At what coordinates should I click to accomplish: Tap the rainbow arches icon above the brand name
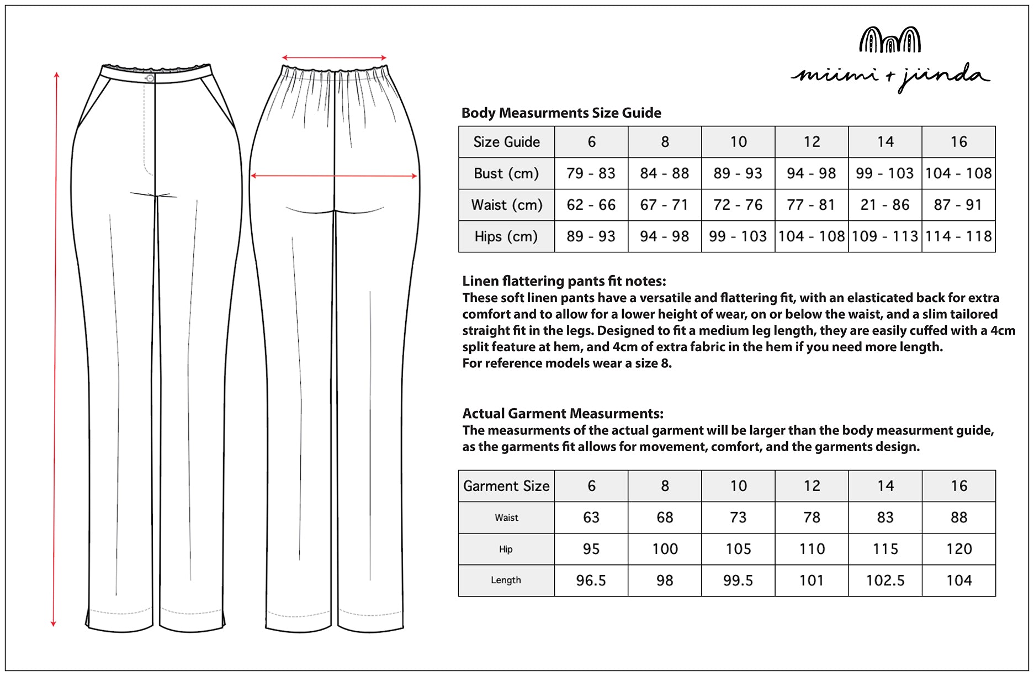click(890, 40)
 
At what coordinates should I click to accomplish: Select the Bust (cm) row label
click(506, 173)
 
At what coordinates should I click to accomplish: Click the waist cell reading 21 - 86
click(885, 205)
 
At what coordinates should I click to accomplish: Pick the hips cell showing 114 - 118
click(958, 236)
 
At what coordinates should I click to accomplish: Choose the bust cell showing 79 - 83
click(591, 173)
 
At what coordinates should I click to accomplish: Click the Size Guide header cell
click(506, 142)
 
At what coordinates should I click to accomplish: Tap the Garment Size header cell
click(506, 486)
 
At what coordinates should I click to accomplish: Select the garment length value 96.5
click(591, 580)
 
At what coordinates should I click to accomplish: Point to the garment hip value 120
click(958, 549)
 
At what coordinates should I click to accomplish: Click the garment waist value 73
click(738, 517)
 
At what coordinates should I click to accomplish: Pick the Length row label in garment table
click(506, 580)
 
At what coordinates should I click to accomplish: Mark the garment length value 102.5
click(885, 580)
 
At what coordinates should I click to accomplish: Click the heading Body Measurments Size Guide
click(561, 113)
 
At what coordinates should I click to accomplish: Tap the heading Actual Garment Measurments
click(563, 414)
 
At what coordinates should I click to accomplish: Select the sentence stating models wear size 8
click(567, 363)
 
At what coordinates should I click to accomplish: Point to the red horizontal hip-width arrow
click(334, 176)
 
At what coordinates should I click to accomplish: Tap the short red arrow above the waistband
click(334, 57)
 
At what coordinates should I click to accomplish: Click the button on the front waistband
click(150, 78)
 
